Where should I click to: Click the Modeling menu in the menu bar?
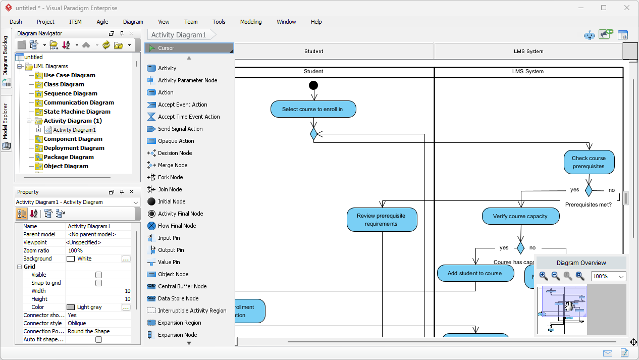[250, 22]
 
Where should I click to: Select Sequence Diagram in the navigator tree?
[70, 93]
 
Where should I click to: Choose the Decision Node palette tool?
[175, 153]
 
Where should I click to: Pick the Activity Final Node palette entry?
[180, 214]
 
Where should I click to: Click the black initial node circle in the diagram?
[313, 85]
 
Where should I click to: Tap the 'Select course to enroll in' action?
[313, 109]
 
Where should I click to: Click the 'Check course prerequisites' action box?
[589, 162]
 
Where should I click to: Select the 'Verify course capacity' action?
[520, 216]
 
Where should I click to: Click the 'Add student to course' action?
[475, 273]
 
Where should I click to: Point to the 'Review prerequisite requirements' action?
[382, 220]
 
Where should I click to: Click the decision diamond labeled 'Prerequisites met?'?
[589, 190]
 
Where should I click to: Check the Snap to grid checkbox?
[99, 283]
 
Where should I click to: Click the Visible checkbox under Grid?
[99, 275]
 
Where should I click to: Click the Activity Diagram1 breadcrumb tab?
[179, 35]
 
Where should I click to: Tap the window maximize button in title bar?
[604, 8]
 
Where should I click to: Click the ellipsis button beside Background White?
[126, 259]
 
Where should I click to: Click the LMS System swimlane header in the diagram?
[528, 72]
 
